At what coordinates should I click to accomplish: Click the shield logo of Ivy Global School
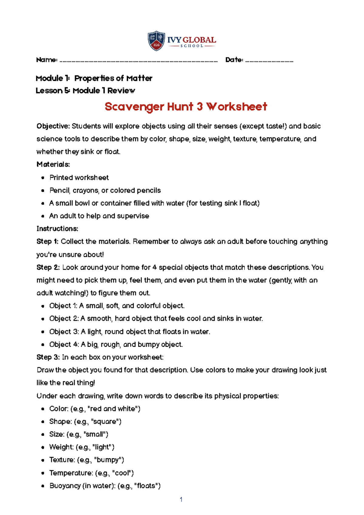pos(156,41)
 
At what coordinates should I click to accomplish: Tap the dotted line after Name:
pos(139,61)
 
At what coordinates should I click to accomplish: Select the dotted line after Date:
pos(269,61)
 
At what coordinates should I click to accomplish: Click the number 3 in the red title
pos(199,107)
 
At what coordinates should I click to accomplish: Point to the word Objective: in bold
pos(53,126)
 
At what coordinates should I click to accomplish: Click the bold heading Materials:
pos(53,164)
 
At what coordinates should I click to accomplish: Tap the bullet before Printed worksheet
pos(43,178)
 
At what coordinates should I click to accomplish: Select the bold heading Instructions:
pos(57,229)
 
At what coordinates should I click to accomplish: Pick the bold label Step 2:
pos(48,268)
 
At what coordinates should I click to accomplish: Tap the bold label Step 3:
pos(48,357)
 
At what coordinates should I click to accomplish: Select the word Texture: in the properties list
pos(62,460)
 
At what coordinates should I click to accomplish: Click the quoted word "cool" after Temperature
pos(123,473)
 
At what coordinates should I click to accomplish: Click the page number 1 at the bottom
pos(181,500)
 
